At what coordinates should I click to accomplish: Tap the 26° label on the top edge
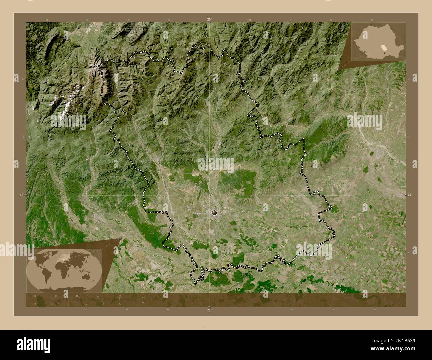tap(209, 20)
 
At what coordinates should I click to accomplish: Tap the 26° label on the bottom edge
tap(209, 310)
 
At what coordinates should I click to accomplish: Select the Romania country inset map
tap(378, 42)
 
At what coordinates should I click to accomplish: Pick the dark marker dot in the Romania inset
tap(385, 52)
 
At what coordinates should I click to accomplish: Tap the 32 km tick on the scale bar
tap(119, 296)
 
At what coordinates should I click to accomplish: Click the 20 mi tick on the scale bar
tap(119, 304)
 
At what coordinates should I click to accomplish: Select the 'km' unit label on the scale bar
tap(143, 297)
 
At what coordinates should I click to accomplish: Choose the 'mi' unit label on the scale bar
tap(143, 303)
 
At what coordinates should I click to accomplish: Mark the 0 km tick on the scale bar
tap(35, 296)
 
